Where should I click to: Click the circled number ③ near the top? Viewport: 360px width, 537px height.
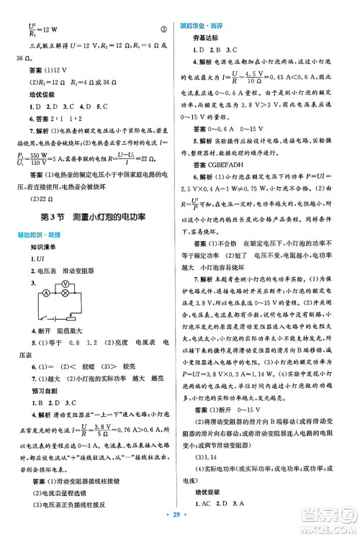click(x=163, y=30)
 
